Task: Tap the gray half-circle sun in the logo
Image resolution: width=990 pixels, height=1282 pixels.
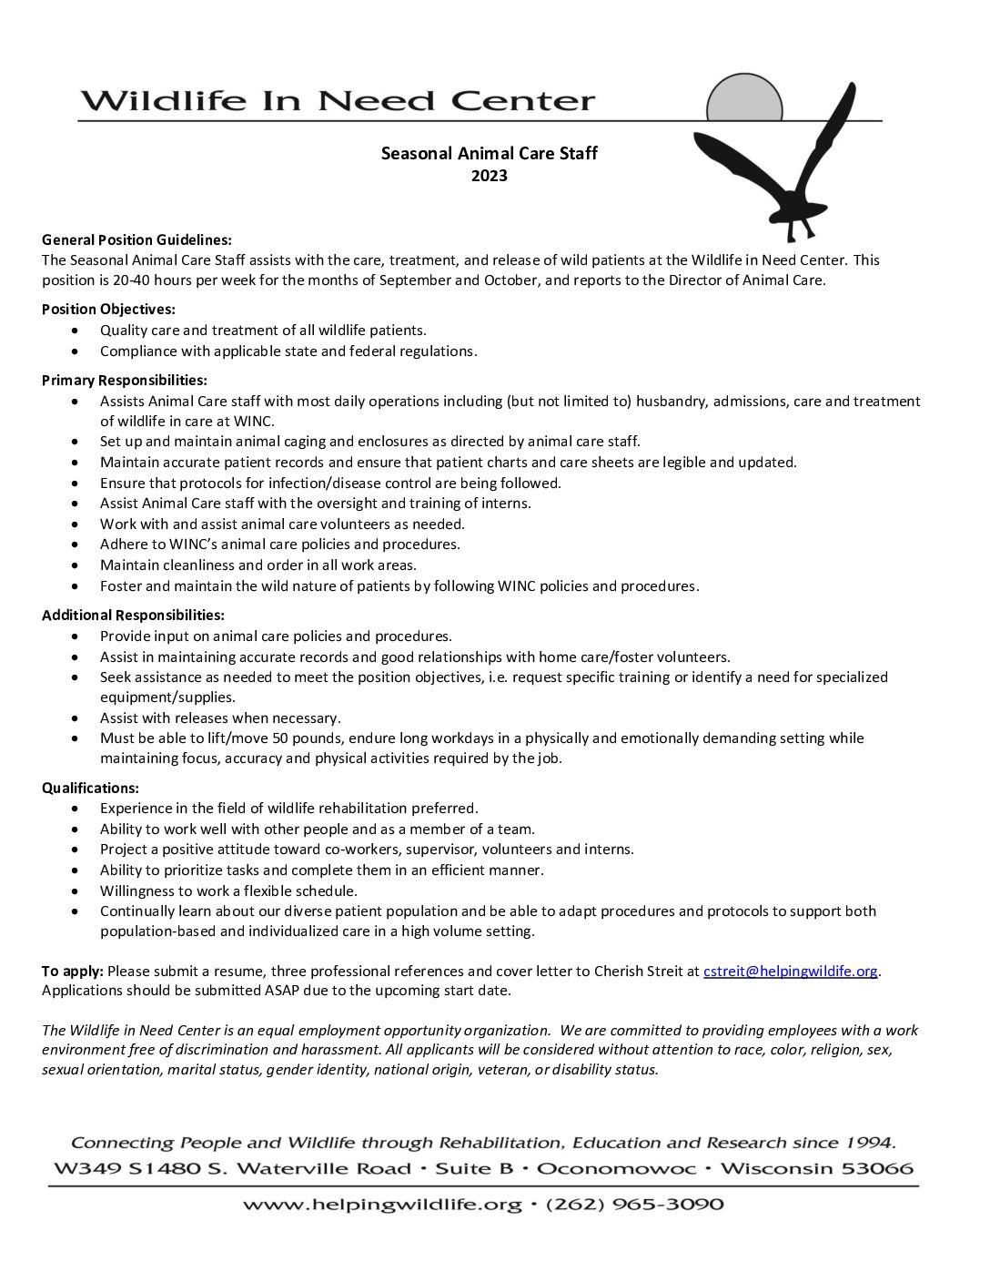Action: coord(744,99)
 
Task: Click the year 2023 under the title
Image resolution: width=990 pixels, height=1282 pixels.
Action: coord(489,176)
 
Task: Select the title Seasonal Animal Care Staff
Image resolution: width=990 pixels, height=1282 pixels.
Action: coord(489,153)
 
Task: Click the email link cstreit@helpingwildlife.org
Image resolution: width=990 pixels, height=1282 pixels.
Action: coord(791,971)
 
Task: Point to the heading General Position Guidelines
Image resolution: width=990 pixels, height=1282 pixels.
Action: coord(136,239)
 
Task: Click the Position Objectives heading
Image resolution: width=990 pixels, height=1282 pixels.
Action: coord(108,310)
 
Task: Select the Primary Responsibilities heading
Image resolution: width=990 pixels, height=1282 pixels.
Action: coord(125,380)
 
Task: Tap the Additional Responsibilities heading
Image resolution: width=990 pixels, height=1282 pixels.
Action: coord(133,616)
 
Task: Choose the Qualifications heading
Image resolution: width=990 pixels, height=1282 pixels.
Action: coord(90,788)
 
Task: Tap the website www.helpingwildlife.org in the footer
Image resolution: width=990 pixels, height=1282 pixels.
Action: coord(381,1205)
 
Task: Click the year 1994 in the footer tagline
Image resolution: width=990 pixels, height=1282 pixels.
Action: coord(871,1142)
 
